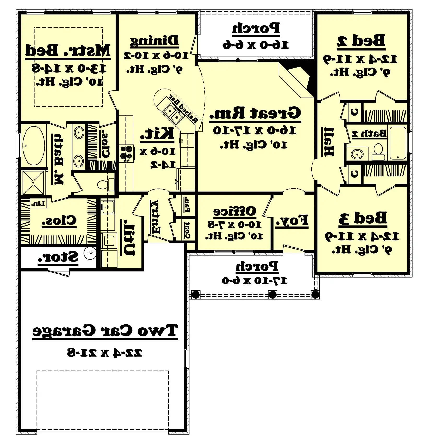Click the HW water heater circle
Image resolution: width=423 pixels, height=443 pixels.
coord(90,253)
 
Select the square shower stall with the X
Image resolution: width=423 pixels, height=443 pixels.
coord(33,182)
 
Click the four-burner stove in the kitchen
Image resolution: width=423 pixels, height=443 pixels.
coord(126,153)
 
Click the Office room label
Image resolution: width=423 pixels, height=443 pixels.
coord(234,211)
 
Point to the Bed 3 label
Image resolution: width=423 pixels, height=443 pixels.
coord(363,218)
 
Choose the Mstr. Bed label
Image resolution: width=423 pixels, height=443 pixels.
coord(68,51)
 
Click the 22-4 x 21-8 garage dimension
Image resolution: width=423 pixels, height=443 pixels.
coord(105,352)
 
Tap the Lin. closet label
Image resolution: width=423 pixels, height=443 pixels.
coord(38,203)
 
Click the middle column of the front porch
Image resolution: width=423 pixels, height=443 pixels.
coord(272,295)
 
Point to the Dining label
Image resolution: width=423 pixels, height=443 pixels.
coord(154,41)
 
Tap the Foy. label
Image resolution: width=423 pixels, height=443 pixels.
coord(292,221)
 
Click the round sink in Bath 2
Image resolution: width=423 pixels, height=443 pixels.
coord(357,154)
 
